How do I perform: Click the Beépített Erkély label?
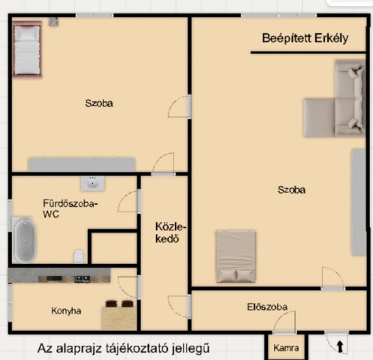coord(305,38)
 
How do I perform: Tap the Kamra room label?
coord(286,348)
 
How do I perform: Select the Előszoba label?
coord(267,307)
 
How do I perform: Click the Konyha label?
coord(66,310)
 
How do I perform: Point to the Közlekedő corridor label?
coord(171,232)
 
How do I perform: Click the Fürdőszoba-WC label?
coord(71,208)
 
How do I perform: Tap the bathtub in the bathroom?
coord(24,240)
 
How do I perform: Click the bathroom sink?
coord(92,184)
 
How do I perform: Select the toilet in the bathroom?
coord(79,256)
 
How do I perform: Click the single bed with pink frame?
coord(27,49)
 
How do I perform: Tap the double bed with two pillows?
coord(236,256)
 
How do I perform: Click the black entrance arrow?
coord(340,346)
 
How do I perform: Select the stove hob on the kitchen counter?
coord(83,279)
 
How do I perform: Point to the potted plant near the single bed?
coord(53,22)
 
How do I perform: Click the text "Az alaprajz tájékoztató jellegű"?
coord(124,348)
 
